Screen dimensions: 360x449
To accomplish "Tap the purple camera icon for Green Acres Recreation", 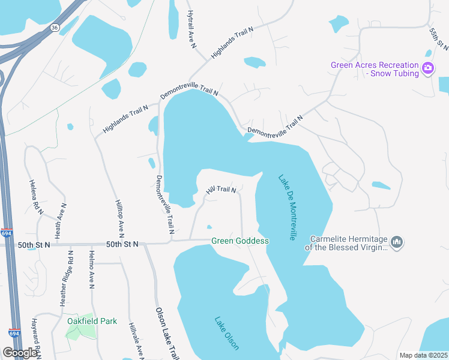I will point(428,68).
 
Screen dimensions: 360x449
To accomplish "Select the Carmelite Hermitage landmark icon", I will point(396,242).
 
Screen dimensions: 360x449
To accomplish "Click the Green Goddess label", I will point(240,241).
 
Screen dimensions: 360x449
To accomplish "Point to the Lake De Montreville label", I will point(287,208).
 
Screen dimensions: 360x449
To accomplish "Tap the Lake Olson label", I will point(227,333).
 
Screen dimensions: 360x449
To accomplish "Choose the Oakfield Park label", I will point(91,321).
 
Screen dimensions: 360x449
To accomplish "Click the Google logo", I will point(20,353).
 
